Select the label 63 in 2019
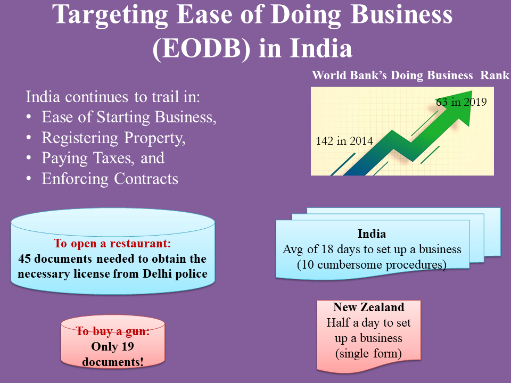(461, 102)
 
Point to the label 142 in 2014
(344, 141)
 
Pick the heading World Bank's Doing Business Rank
(410, 75)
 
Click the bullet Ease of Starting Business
(129, 117)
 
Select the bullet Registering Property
(113, 138)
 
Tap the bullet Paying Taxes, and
(103, 159)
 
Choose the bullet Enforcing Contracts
(110, 179)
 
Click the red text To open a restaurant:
(112, 243)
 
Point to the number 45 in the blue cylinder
(24, 259)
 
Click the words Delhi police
(175, 274)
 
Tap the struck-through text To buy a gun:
(113, 331)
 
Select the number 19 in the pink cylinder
(128, 346)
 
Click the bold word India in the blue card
(372, 234)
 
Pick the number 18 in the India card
(327, 249)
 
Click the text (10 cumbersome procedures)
(372, 265)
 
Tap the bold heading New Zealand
(368, 307)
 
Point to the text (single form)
(368, 354)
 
